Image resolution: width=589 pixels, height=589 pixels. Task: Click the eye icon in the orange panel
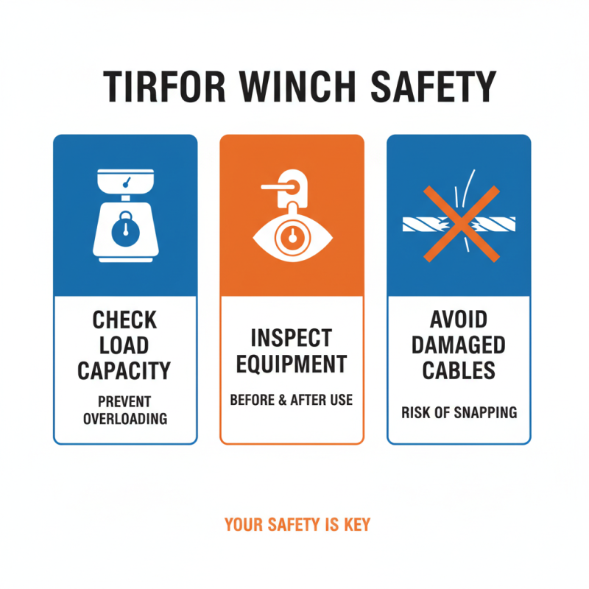[292, 237]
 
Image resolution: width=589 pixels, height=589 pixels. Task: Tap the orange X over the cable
[459, 222]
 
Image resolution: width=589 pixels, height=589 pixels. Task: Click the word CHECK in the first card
[125, 320]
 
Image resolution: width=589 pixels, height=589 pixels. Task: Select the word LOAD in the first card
[125, 345]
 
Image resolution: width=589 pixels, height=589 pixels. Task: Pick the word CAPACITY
[125, 370]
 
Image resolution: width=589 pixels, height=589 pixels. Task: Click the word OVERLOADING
[125, 419]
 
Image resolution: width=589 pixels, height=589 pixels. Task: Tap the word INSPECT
[292, 338]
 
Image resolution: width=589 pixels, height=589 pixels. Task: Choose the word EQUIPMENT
[292, 364]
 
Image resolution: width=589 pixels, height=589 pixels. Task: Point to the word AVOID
[459, 320]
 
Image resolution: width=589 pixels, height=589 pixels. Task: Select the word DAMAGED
[459, 345]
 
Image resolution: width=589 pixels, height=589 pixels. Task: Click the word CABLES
[459, 370]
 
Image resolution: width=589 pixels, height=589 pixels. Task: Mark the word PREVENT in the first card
[125, 402]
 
